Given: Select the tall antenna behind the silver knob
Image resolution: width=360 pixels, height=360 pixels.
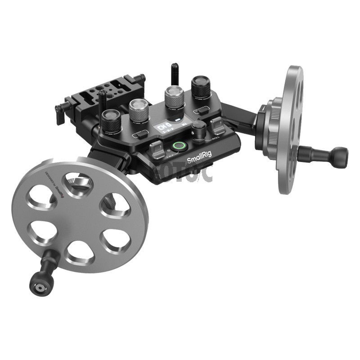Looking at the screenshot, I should click(x=173, y=74).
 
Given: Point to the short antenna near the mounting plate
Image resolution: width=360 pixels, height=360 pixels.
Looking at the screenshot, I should click(x=103, y=99).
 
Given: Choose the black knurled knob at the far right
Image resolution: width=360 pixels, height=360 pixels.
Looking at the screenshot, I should click(x=201, y=88).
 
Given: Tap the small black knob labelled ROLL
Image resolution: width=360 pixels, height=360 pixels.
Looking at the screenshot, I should click(x=198, y=131).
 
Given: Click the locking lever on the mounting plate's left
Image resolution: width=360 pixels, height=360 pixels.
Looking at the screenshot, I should click(x=59, y=113).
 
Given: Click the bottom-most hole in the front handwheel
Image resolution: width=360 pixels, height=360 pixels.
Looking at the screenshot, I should click(x=80, y=252).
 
